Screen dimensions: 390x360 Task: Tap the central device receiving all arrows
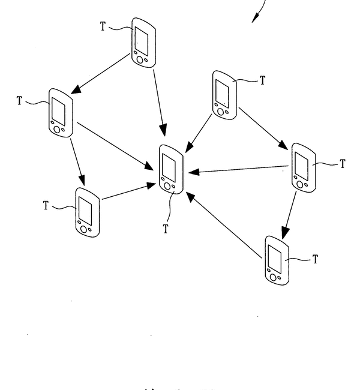pyautogui.click(x=171, y=169)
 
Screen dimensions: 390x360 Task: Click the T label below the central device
pyautogui.click(x=166, y=229)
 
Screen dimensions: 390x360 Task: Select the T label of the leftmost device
pyautogui.click(x=20, y=100)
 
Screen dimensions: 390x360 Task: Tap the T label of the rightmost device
pyautogui.click(x=342, y=163)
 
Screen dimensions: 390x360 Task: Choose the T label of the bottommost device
pyautogui.click(x=315, y=259)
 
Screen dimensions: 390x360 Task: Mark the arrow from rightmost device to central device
pyautogui.click(x=240, y=170)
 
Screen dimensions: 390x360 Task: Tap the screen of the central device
pyautogui.click(x=169, y=166)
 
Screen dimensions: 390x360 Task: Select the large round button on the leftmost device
pyautogui.click(x=57, y=128)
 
